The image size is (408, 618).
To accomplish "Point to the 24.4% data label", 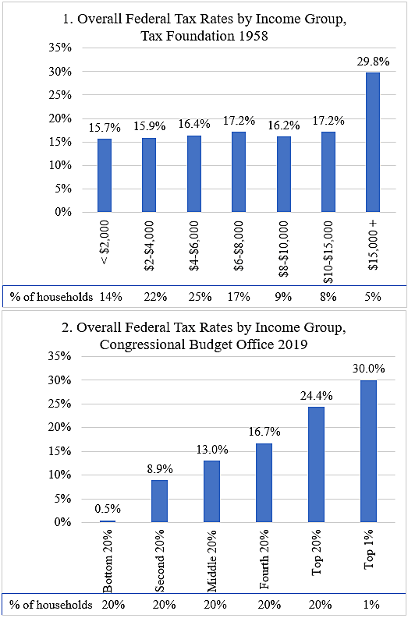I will (x=318, y=395).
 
